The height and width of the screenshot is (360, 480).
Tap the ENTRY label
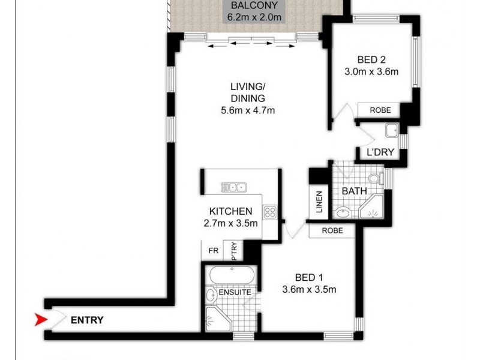coord(87,320)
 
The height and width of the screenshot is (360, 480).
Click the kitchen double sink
coord(233,187)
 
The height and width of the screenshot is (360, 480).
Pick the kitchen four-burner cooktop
coord(270,211)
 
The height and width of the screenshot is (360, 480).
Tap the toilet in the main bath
coord(376,178)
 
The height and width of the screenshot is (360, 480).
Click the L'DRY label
coord(380,152)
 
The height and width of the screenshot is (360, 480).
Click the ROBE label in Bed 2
coord(380,110)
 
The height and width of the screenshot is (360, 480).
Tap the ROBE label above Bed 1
coord(332,230)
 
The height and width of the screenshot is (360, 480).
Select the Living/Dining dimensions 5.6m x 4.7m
coord(248,110)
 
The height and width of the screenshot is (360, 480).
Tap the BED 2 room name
coord(371,60)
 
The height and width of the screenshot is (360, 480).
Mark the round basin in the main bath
coord(343,212)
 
